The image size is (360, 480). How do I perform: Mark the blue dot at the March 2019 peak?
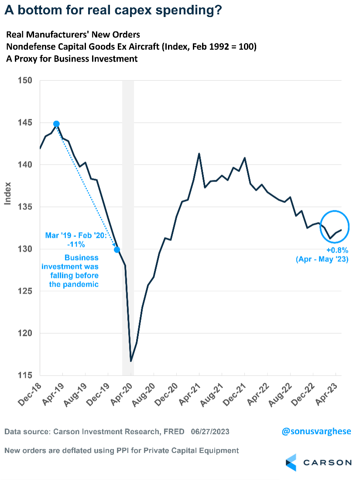(56, 124)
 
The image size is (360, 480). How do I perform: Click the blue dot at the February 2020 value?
(117, 250)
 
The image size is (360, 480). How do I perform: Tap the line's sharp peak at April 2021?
(199, 154)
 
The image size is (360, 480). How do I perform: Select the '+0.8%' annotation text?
(337, 251)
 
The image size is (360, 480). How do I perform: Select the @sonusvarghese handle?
(316, 432)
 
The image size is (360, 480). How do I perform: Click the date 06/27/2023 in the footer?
(210, 432)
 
